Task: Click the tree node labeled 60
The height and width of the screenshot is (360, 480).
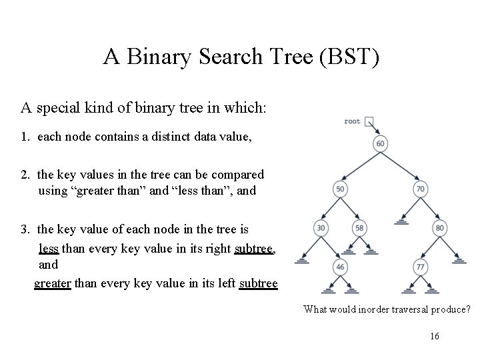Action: tap(380, 144)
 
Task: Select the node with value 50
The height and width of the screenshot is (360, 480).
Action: tap(340, 189)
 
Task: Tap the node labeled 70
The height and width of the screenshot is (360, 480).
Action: tap(420, 189)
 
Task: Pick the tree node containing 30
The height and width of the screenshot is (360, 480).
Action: tap(320, 229)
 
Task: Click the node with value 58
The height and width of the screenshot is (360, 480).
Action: tap(360, 229)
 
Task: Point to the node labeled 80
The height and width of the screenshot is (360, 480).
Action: tap(440, 229)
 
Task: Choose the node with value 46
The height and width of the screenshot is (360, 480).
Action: tap(340, 267)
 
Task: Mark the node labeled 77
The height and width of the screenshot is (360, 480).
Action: tap(420, 267)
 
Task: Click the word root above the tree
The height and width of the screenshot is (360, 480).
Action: tap(352, 121)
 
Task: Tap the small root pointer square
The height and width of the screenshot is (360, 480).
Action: tap(369, 122)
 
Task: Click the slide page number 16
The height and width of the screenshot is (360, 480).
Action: tap(435, 337)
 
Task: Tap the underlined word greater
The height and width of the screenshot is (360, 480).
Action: tap(53, 283)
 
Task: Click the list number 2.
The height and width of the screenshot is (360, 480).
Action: tap(24, 175)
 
